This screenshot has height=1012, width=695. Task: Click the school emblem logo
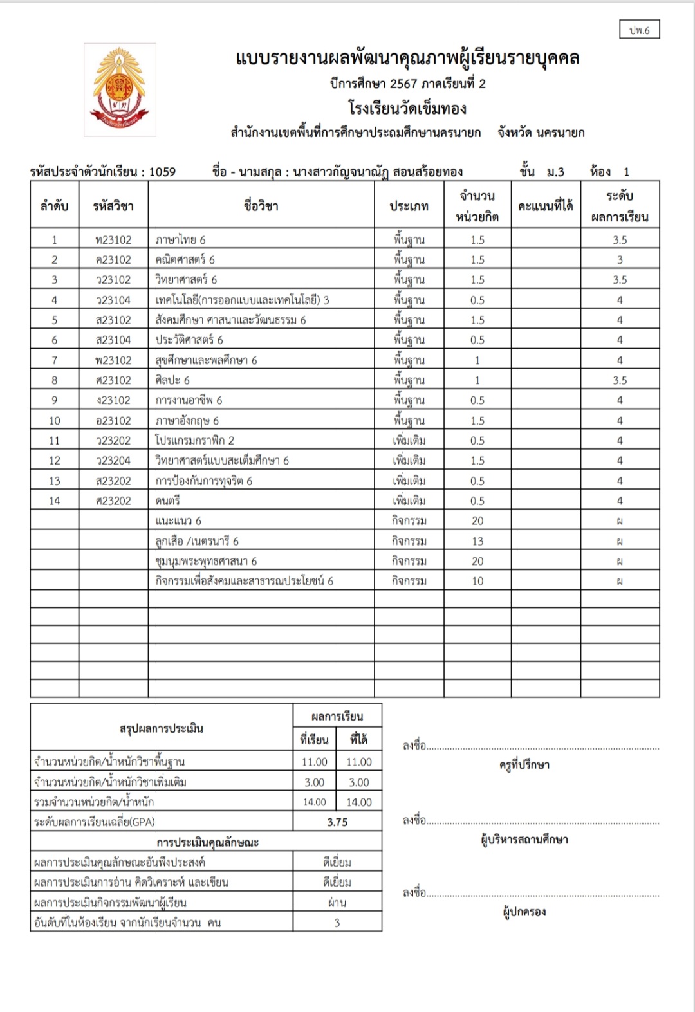120,89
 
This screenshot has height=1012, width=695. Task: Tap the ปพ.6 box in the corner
640,30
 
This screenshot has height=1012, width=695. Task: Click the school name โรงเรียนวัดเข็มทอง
407,108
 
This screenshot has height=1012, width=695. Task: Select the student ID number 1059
162,172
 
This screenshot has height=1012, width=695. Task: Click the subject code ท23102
113,240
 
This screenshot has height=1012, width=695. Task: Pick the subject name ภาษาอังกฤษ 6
187,421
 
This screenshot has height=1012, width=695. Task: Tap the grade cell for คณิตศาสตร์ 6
620,260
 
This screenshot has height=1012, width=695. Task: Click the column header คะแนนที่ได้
545,206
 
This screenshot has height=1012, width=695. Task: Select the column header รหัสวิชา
113,206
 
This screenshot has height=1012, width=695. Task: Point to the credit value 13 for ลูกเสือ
477,541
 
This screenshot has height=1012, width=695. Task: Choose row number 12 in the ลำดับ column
54,461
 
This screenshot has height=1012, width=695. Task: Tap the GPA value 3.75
337,822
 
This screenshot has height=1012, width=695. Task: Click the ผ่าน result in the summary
337,903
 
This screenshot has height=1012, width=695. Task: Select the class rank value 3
337,923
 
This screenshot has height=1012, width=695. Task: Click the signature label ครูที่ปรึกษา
524,765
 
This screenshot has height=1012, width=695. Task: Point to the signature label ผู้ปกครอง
524,912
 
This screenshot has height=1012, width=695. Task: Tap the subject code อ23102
113,421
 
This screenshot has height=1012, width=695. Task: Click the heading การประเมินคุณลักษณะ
207,842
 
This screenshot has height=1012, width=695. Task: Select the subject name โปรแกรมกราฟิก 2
194,441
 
